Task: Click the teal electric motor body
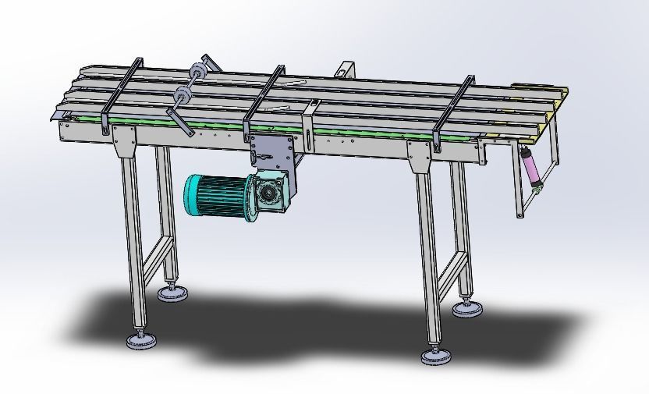pos(214,194)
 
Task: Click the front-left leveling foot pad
pos(141,341)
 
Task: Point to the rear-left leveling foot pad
pos(172,293)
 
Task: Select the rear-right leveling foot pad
pos(466,309)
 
